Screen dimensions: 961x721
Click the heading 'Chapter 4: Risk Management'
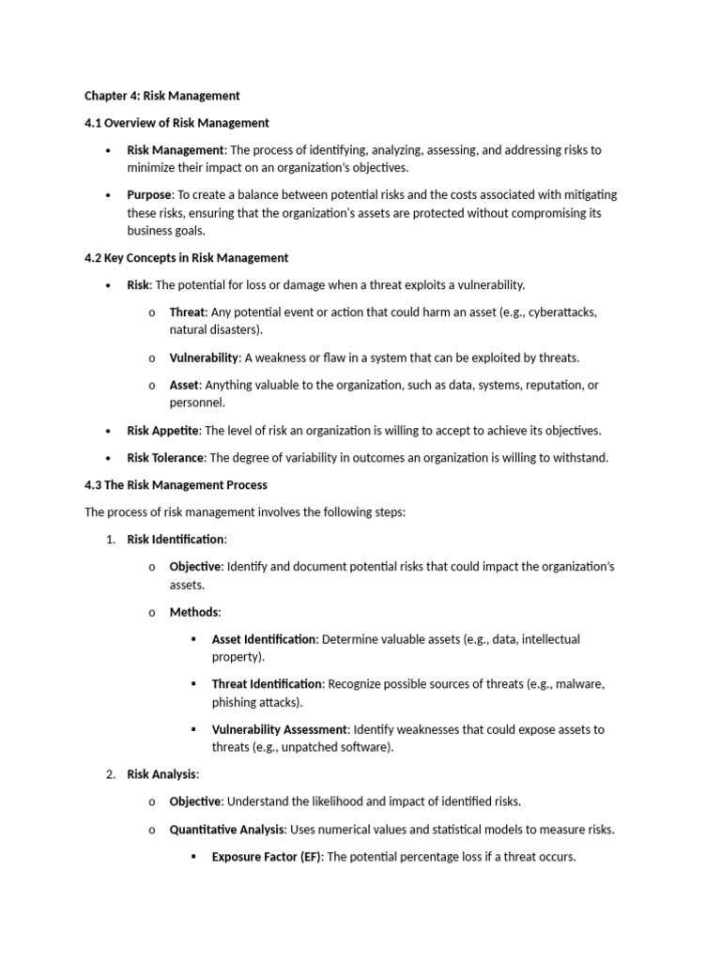pyautogui.click(x=161, y=96)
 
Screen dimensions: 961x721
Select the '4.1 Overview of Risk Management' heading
pyautogui.click(x=176, y=123)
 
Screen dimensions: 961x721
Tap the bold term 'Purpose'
pyautogui.click(x=149, y=195)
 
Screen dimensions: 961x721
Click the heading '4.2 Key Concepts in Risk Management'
pyautogui.click(x=186, y=258)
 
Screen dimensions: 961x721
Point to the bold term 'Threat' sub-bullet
pyautogui.click(x=187, y=313)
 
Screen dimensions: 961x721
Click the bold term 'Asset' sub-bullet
pyautogui.click(x=184, y=385)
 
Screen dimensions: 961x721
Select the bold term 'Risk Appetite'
pyautogui.click(x=162, y=431)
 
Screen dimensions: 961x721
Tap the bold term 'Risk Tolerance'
pyautogui.click(x=165, y=458)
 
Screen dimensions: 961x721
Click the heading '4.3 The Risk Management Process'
pyautogui.click(x=176, y=485)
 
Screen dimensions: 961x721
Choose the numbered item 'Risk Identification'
pyautogui.click(x=176, y=540)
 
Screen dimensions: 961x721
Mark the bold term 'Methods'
pyautogui.click(x=193, y=612)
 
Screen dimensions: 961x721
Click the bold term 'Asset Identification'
pyautogui.click(x=265, y=639)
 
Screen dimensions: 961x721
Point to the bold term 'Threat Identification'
pyautogui.click(x=267, y=684)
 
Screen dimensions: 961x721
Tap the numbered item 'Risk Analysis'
pyautogui.click(x=161, y=774)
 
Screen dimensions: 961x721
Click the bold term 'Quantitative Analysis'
pyautogui.click(x=228, y=830)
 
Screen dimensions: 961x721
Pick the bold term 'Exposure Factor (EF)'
pyautogui.click(x=266, y=857)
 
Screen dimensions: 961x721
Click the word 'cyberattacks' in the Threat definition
pyautogui.click(x=562, y=313)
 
